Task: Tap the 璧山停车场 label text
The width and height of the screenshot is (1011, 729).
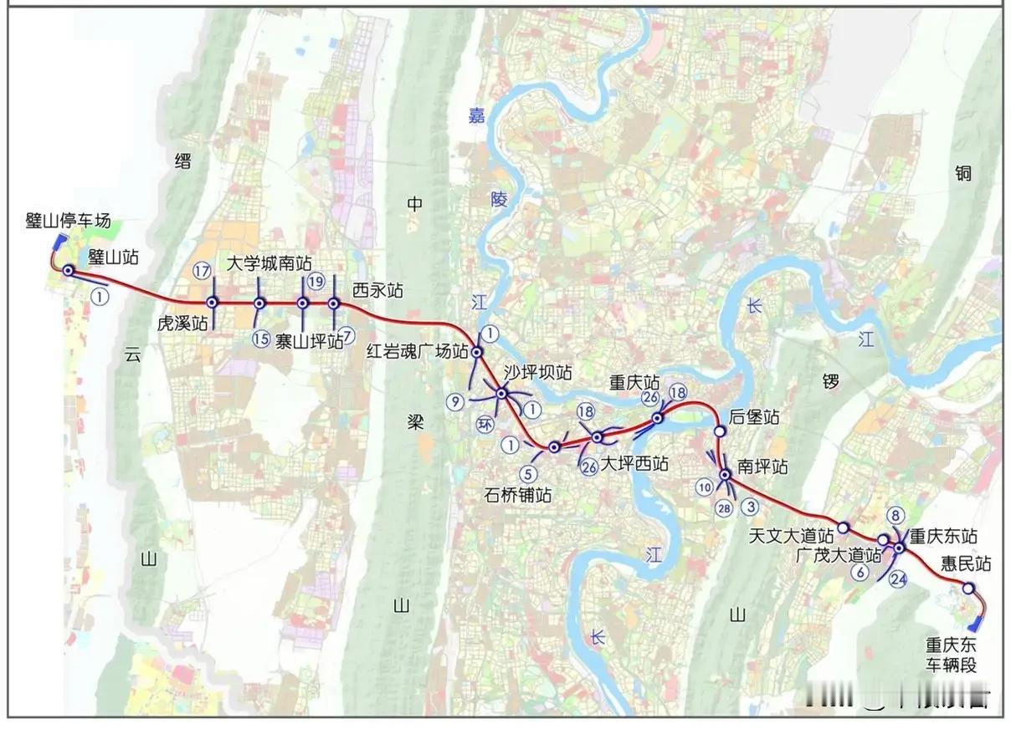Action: [x=69, y=221]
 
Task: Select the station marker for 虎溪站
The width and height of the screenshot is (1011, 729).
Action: [x=213, y=303]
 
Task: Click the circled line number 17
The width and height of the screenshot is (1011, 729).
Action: [x=201, y=270]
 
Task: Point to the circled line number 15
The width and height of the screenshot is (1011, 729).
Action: [x=261, y=338]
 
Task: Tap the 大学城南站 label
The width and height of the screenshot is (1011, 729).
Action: [x=269, y=263]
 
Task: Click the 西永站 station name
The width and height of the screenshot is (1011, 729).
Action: [x=377, y=290]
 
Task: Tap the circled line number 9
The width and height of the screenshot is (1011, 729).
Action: [x=455, y=401]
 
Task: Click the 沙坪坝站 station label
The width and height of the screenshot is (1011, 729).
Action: [x=537, y=372]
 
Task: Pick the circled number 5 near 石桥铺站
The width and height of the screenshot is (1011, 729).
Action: [x=526, y=472]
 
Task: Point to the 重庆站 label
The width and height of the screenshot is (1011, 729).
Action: [x=634, y=383]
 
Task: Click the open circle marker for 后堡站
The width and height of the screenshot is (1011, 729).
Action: [x=720, y=431]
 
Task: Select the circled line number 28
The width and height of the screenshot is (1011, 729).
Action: [x=724, y=507]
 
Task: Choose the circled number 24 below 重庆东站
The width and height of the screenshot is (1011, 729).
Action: [x=899, y=578]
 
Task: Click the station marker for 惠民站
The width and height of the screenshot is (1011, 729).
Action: [x=967, y=589]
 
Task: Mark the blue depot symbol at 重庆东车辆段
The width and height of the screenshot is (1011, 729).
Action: [x=973, y=624]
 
